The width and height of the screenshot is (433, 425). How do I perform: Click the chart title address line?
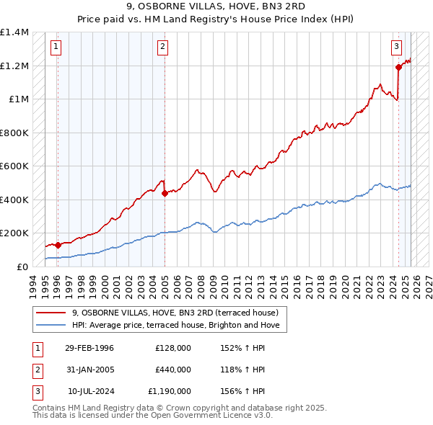[216, 7]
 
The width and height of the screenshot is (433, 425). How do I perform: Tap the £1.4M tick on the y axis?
[14, 32]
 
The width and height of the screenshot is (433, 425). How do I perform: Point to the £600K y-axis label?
[14, 166]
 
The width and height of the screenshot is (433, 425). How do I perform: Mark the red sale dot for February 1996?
[58, 245]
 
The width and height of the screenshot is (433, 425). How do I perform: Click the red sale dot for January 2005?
[165, 193]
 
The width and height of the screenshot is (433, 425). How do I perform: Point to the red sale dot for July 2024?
[398, 68]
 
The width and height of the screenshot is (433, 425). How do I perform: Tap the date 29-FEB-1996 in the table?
[89, 348]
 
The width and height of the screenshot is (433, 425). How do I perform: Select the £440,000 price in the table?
[173, 370]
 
